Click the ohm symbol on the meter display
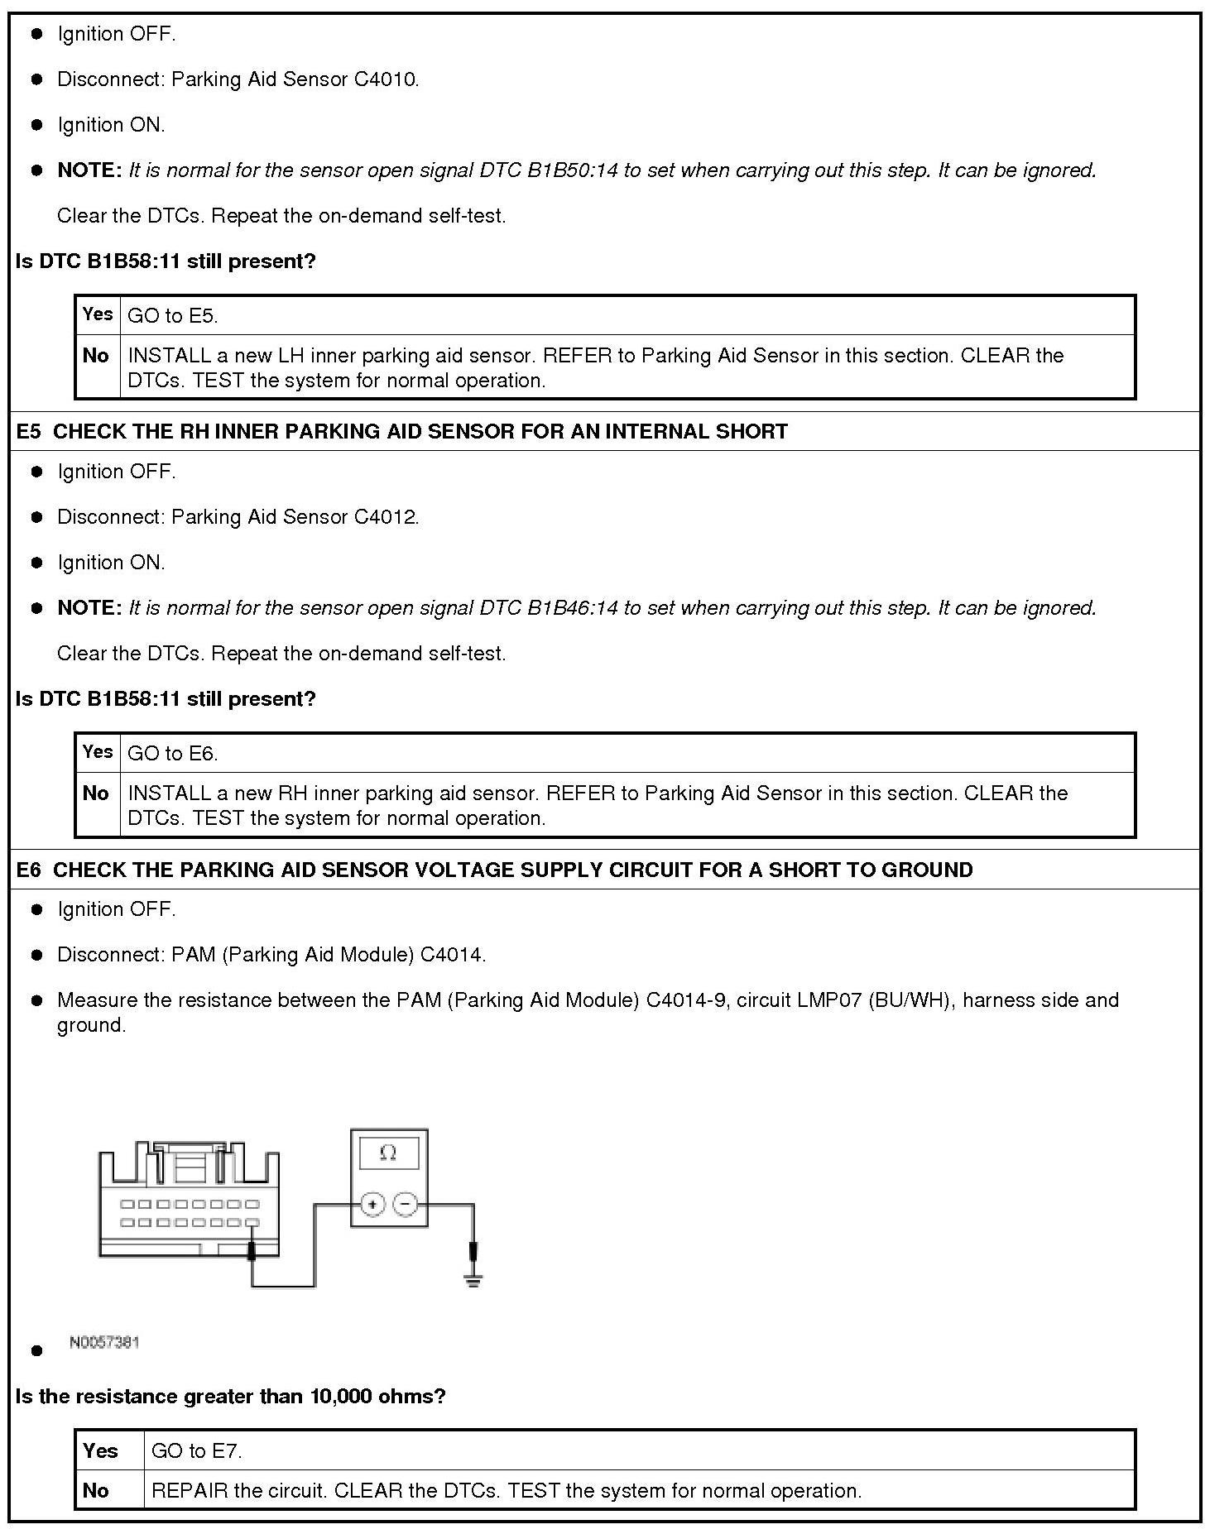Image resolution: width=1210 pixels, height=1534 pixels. (388, 1153)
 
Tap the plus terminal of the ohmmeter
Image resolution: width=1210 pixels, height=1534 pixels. (372, 1204)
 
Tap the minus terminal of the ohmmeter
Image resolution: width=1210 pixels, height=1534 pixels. (405, 1204)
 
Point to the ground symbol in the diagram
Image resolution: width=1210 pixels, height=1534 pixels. (473, 1282)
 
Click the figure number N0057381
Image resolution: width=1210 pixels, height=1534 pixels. (104, 1342)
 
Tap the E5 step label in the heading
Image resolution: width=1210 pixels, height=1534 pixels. (28, 432)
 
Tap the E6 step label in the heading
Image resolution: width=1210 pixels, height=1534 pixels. (28, 870)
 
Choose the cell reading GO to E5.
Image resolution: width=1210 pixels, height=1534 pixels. (173, 316)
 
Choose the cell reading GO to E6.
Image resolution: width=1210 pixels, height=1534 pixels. (173, 754)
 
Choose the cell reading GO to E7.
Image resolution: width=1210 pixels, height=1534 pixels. (197, 1451)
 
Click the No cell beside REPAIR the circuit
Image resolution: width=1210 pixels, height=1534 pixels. (96, 1491)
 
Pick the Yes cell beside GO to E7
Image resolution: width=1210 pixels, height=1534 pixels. (100, 1451)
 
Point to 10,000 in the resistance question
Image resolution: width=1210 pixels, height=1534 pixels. (341, 1397)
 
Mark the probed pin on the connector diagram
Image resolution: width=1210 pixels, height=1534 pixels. (252, 1223)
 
